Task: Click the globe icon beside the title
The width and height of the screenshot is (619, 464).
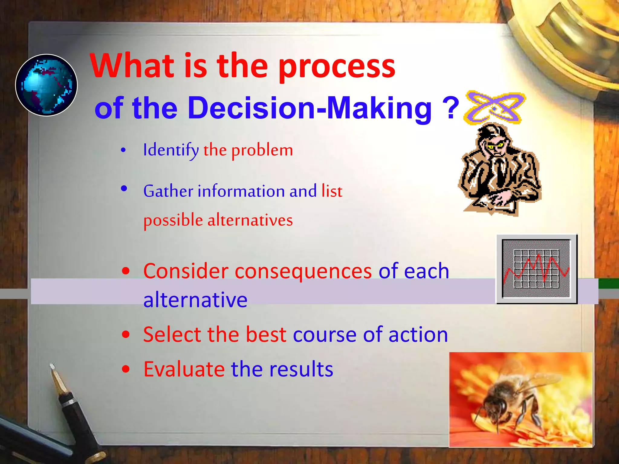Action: (x=46, y=85)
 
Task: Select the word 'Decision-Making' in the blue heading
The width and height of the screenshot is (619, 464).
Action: (x=309, y=108)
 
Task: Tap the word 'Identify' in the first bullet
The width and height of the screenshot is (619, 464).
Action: (x=171, y=150)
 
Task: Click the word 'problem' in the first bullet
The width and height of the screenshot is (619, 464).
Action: (x=262, y=150)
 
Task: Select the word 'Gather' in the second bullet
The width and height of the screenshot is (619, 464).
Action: (x=168, y=191)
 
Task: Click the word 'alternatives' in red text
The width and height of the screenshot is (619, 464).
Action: (x=250, y=220)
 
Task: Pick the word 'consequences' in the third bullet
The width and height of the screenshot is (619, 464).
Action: (x=303, y=271)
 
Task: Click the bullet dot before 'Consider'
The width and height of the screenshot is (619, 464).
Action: (x=126, y=271)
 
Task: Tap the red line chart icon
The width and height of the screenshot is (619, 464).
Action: (x=537, y=269)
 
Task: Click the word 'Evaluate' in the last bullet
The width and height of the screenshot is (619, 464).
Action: (x=184, y=369)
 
